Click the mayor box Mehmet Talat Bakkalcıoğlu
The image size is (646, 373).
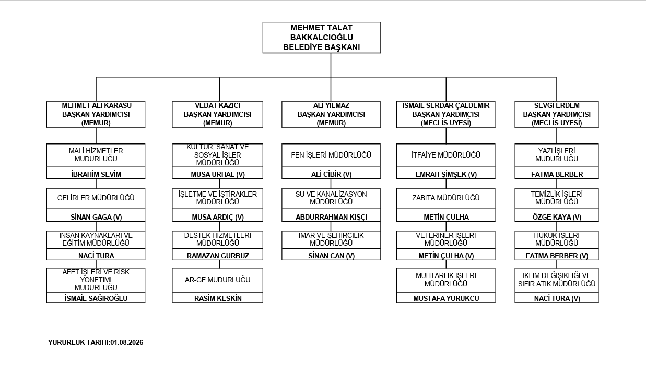(x=321, y=38)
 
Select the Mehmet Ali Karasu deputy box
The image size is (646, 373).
(x=96, y=114)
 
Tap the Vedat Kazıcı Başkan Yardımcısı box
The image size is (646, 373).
(x=217, y=114)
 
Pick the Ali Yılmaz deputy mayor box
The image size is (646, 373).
(x=331, y=114)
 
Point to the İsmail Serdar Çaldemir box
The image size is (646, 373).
(x=445, y=114)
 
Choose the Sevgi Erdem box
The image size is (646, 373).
(x=557, y=114)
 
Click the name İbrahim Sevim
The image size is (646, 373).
(x=96, y=174)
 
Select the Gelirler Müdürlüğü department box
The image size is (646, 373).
(x=96, y=198)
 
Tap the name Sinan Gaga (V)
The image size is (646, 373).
(x=96, y=217)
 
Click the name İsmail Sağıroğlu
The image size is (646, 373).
(x=96, y=298)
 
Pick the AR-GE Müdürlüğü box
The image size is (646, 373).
(x=217, y=280)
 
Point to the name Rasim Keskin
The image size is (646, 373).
(x=218, y=298)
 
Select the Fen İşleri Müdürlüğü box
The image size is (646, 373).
(x=331, y=155)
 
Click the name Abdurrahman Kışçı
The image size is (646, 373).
(x=332, y=217)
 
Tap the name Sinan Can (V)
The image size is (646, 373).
(x=332, y=256)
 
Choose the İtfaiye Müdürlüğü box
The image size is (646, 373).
(x=445, y=155)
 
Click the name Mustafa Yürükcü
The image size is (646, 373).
(x=446, y=298)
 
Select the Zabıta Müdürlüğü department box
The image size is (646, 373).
(x=445, y=198)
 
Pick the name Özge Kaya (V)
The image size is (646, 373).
(x=557, y=217)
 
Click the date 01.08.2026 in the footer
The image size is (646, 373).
(x=126, y=342)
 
